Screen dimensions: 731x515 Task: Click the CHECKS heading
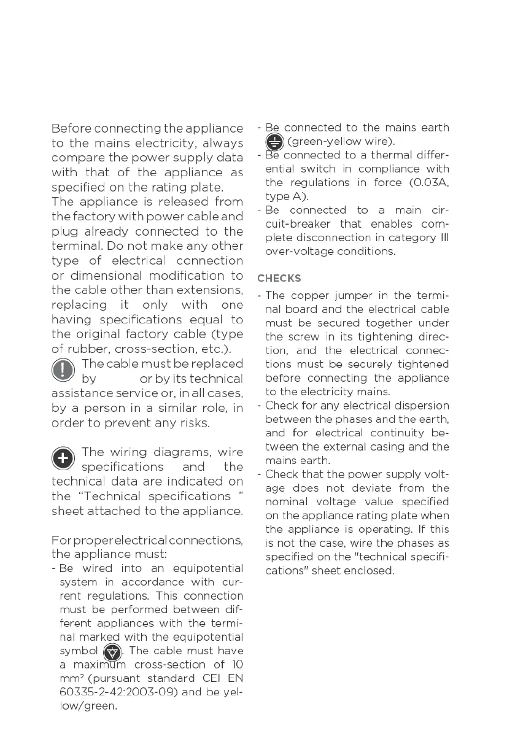pyautogui.click(x=279, y=278)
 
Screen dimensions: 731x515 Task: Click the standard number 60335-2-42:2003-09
pyautogui.click(x=110, y=692)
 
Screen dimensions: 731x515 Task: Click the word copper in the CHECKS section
pyautogui.click(x=305, y=296)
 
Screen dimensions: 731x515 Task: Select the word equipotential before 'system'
pyautogui.click(x=208, y=568)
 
